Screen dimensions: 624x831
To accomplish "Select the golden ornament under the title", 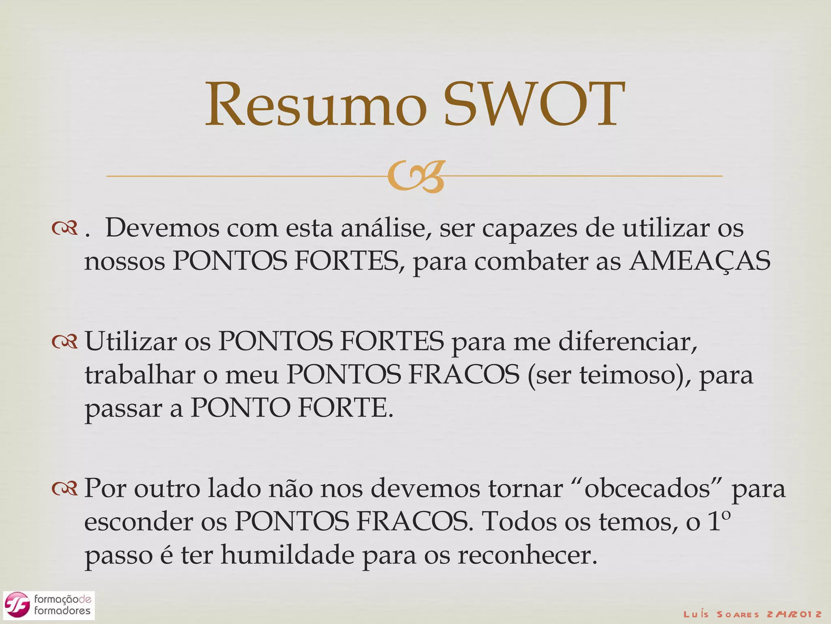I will coord(416,176).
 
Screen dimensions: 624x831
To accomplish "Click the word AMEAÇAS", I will coord(700,261).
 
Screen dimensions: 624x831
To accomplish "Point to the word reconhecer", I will coord(527,555).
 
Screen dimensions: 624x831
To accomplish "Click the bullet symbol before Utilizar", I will coord(65,342).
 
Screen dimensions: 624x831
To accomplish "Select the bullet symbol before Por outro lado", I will coord(65,490).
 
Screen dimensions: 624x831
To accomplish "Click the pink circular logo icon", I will coord(17,604).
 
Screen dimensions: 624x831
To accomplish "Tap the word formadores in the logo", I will coord(62,611).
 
